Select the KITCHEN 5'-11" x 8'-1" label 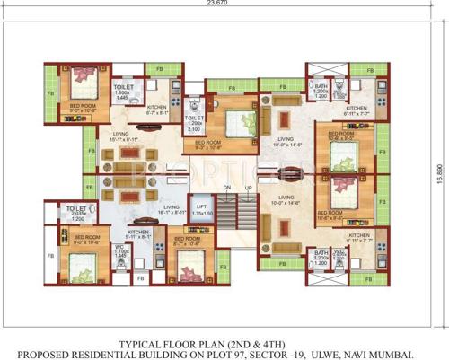138,234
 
